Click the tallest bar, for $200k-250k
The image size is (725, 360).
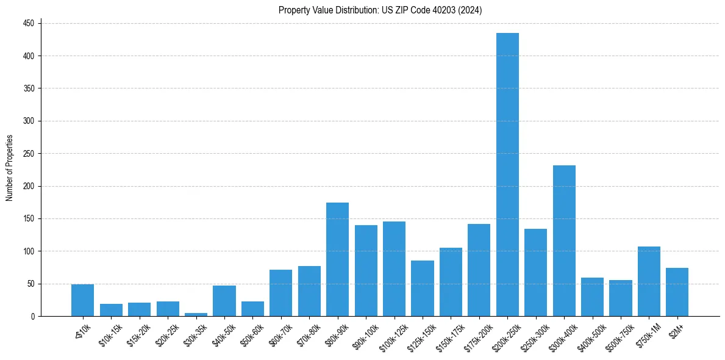point(507,175)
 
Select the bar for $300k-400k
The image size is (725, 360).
point(564,240)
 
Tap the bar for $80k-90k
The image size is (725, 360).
point(337,259)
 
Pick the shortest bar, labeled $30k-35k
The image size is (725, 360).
point(196,314)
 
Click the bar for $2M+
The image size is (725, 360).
point(677,292)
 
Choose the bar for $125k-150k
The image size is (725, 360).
point(423,288)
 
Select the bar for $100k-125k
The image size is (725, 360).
point(394,268)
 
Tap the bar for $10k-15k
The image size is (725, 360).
point(111,310)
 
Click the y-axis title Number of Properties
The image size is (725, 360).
point(10,168)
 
